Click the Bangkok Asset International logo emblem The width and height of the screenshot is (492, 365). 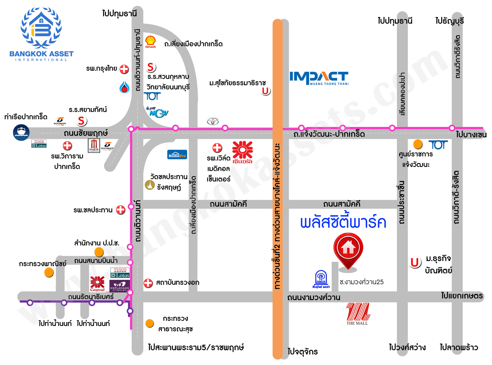point(41,28)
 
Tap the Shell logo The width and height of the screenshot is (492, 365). point(151,42)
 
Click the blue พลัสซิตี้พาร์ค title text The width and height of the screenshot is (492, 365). point(343,222)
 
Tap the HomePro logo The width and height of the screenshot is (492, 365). point(177,155)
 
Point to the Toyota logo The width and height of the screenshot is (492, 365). point(213,121)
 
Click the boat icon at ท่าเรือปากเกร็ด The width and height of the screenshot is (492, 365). point(21,132)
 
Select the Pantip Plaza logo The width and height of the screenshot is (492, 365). point(321,280)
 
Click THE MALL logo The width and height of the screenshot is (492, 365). point(358,314)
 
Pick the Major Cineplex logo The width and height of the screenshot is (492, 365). point(94,146)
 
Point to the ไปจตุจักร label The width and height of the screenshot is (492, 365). point(302,352)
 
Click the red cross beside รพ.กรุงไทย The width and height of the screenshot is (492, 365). point(124,69)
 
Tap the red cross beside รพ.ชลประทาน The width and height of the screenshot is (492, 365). point(121,210)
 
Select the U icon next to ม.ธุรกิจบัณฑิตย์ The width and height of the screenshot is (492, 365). point(415,263)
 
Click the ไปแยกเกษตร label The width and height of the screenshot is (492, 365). point(462,296)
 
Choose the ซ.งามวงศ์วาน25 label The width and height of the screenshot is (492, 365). point(361,282)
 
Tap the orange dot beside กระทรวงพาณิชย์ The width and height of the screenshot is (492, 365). point(49,272)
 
